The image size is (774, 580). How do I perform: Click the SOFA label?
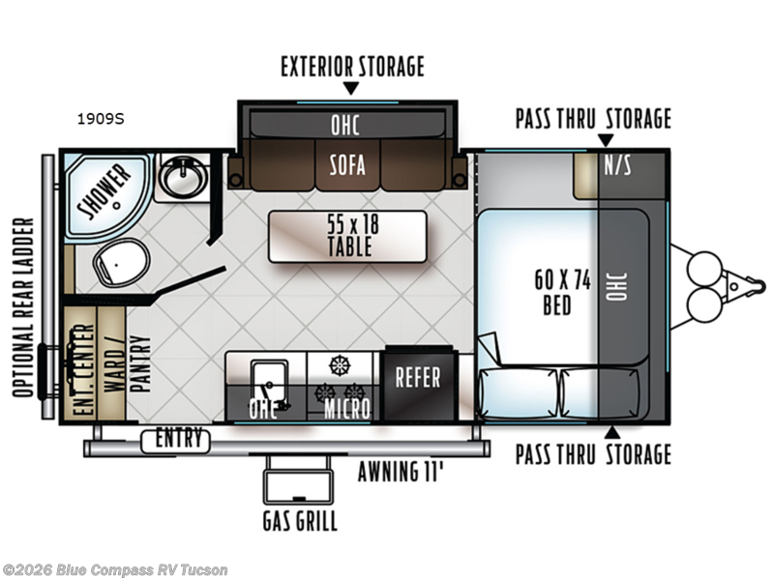[x=347, y=165]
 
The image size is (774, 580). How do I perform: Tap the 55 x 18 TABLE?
[x=347, y=236]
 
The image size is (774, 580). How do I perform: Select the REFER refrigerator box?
[x=419, y=384]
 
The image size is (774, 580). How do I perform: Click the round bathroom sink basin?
[x=182, y=176]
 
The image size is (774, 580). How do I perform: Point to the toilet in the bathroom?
[x=122, y=261]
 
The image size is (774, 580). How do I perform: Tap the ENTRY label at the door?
[x=179, y=439]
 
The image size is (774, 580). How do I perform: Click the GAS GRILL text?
[x=300, y=521]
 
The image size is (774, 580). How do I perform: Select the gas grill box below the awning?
[x=298, y=484]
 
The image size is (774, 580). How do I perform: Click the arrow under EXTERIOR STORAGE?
[x=351, y=88]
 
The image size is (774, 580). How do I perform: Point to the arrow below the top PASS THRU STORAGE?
[x=606, y=139]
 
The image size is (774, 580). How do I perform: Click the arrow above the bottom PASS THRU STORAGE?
[x=612, y=432]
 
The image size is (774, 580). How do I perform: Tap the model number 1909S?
[x=101, y=119]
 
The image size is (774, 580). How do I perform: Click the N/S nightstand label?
[x=617, y=165]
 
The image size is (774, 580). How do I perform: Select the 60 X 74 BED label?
[x=562, y=292]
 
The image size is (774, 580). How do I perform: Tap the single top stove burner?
[x=340, y=365]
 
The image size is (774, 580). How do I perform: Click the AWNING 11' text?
[x=401, y=472]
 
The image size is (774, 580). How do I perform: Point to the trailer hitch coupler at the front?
[x=746, y=285]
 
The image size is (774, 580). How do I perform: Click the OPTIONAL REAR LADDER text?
[x=23, y=307]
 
